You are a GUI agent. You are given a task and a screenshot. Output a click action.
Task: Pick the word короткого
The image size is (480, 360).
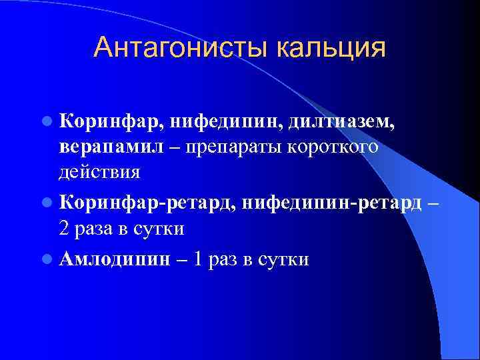point(333,147)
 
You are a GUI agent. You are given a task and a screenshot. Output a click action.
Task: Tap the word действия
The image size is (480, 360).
point(99,172)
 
